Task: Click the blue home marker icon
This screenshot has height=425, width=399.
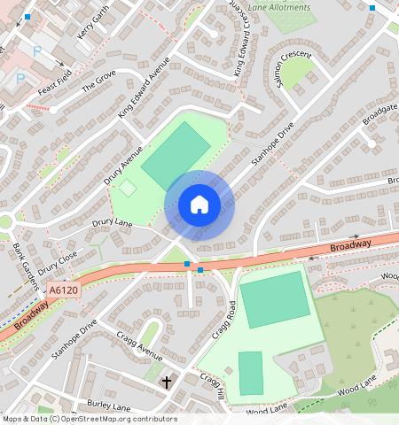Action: click(x=199, y=205)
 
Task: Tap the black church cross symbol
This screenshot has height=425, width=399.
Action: click(x=167, y=382)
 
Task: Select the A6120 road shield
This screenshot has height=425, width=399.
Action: click(x=64, y=290)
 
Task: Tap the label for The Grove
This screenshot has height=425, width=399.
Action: click(x=98, y=81)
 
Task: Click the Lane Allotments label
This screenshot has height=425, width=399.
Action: click(x=280, y=8)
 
